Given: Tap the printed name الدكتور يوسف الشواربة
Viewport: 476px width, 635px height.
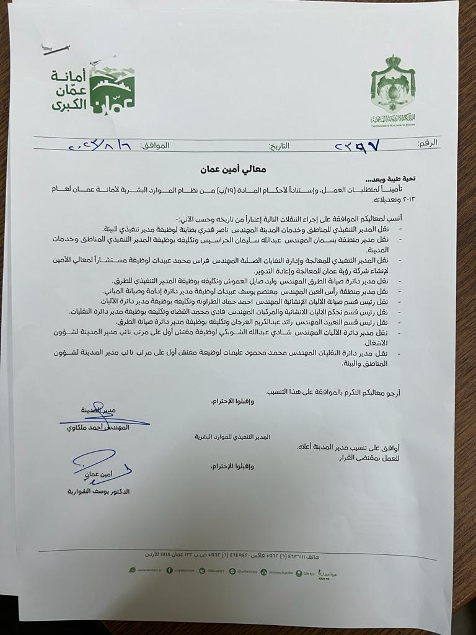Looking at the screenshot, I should (99, 491).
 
